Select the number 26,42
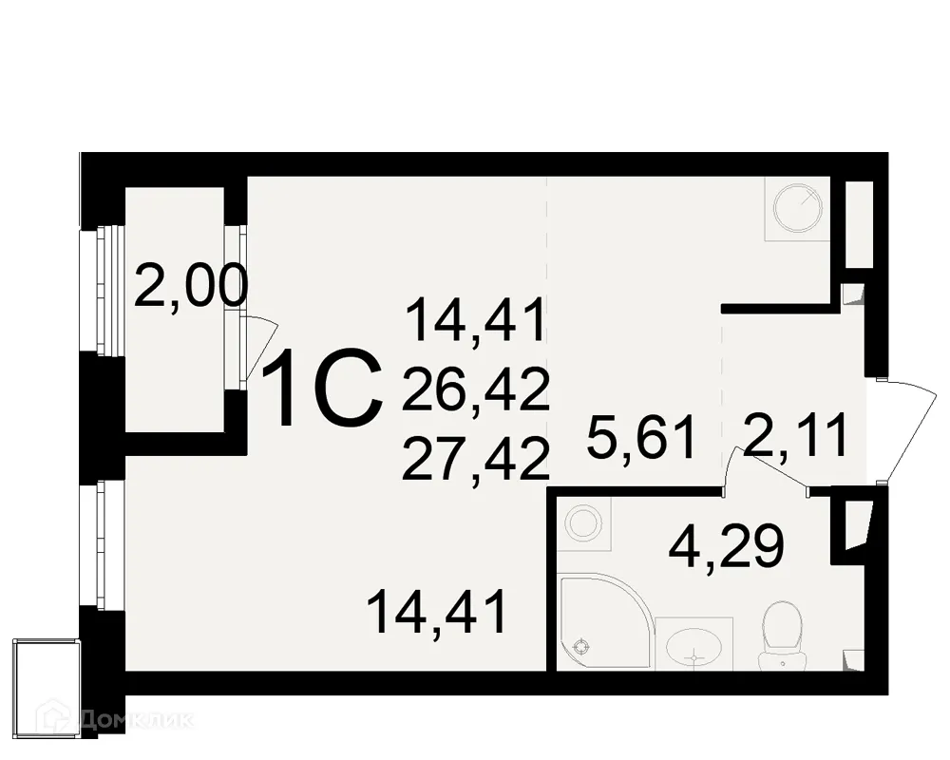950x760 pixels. click(x=476, y=390)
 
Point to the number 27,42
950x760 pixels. click(x=476, y=461)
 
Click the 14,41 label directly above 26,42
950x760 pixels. click(x=476, y=320)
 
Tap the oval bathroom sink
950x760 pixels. click(x=694, y=651)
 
